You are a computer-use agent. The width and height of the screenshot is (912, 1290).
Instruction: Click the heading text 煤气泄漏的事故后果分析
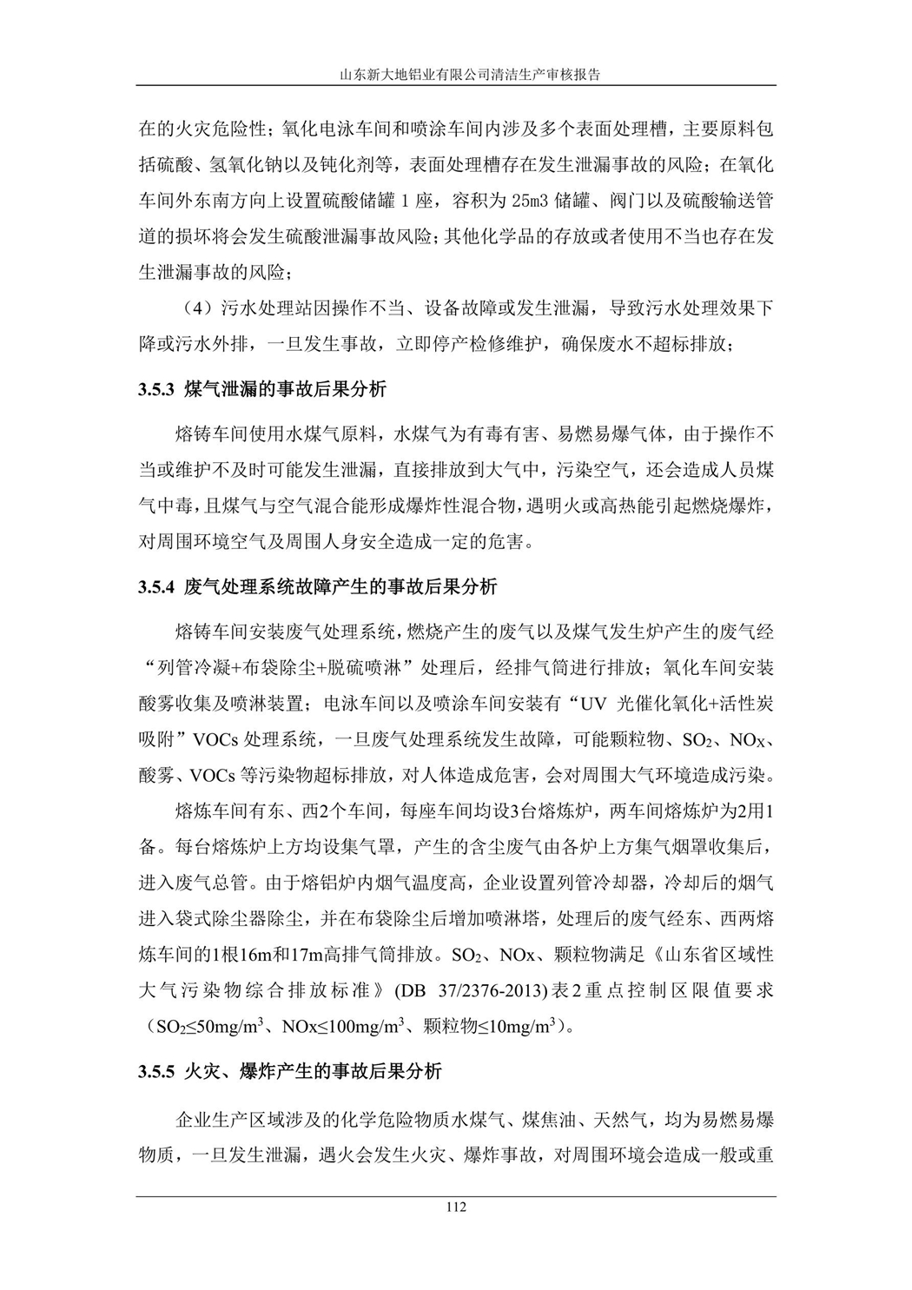(x=286, y=390)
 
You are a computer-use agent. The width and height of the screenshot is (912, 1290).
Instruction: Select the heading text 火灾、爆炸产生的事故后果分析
(x=314, y=1072)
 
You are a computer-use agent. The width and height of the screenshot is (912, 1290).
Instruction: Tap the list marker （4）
(x=196, y=309)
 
